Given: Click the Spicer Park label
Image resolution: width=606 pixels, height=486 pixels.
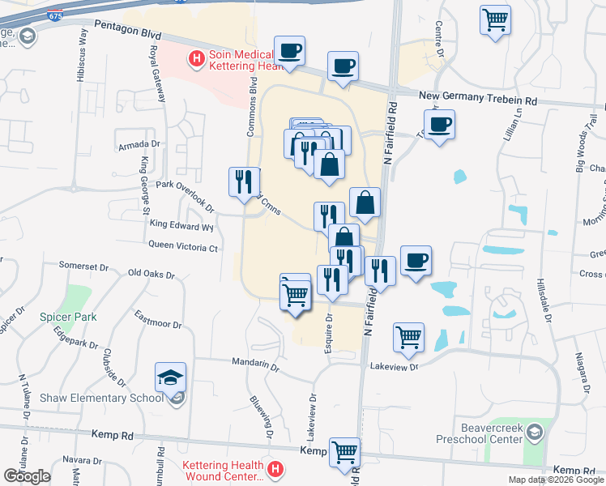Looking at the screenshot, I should coord(68,317).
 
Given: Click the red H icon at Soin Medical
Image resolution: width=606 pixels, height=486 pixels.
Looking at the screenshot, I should coord(195,58).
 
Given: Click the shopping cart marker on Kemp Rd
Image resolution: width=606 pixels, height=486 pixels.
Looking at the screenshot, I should coord(345,451).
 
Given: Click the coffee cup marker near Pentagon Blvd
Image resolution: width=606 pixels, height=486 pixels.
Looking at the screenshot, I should coord(289,52).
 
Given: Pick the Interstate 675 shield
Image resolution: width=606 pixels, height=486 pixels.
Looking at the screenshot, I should coord(55,15).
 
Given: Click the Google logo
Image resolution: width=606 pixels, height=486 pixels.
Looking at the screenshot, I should coord(27,476).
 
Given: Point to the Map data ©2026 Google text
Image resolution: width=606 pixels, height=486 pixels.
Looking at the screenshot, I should coord(556,480).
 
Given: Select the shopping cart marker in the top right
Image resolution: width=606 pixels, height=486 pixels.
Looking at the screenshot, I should coord(495,19).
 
